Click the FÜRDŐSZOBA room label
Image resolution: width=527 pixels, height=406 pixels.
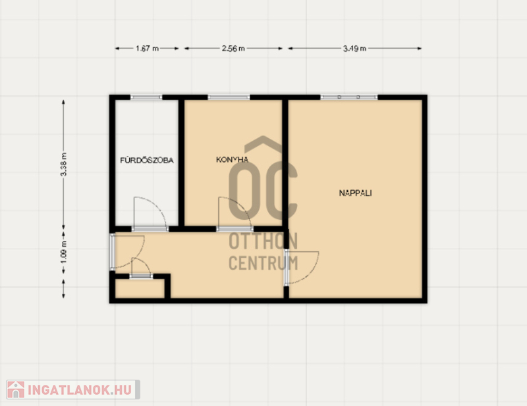click(147, 160)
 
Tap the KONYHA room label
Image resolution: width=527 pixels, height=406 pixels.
click(232, 159)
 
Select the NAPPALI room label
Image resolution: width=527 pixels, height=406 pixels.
click(355, 193)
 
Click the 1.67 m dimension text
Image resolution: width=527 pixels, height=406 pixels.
click(147, 48)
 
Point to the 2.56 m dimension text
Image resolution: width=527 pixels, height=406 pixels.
click(233, 48)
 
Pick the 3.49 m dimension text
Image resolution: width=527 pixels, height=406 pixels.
click(354, 48)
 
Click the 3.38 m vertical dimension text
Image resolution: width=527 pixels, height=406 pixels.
click(63, 165)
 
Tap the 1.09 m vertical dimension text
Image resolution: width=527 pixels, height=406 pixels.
click(63, 253)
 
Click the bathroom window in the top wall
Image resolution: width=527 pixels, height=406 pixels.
click(146, 97)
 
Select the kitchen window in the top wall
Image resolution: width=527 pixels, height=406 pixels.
click(229, 97)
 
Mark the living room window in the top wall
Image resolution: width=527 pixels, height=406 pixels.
click(349, 97)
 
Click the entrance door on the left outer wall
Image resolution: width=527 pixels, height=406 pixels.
click(112, 252)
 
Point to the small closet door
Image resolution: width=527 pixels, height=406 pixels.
click(141, 276)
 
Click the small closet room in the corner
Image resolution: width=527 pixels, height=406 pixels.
click(140, 288)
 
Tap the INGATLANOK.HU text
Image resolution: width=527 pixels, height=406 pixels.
click(79, 390)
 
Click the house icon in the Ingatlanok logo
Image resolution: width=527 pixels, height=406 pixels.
click(15, 390)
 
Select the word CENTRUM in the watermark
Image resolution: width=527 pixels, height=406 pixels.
click(263, 263)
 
